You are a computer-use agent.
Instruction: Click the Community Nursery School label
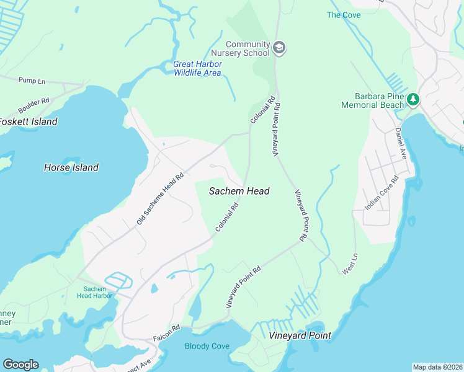(x=248, y=48)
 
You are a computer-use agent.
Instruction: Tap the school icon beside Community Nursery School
(x=279, y=48)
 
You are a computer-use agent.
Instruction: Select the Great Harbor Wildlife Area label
(x=197, y=68)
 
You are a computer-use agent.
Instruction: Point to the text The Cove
(x=343, y=15)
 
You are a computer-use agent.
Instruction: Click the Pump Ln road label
(x=32, y=81)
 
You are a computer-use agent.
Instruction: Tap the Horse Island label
(x=71, y=167)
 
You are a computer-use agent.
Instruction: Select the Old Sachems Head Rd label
(x=161, y=198)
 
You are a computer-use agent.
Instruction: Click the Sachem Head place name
(x=239, y=191)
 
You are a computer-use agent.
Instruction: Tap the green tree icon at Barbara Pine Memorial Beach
(x=413, y=99)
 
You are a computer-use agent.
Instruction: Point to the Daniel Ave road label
(x=400, y=143)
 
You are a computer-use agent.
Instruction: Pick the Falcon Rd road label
(x=166, y=335)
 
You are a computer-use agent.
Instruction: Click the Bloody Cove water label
(x=207, y=346)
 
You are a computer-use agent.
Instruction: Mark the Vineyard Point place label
(x=300, y=335)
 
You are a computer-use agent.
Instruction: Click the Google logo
(x=20, y=365)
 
